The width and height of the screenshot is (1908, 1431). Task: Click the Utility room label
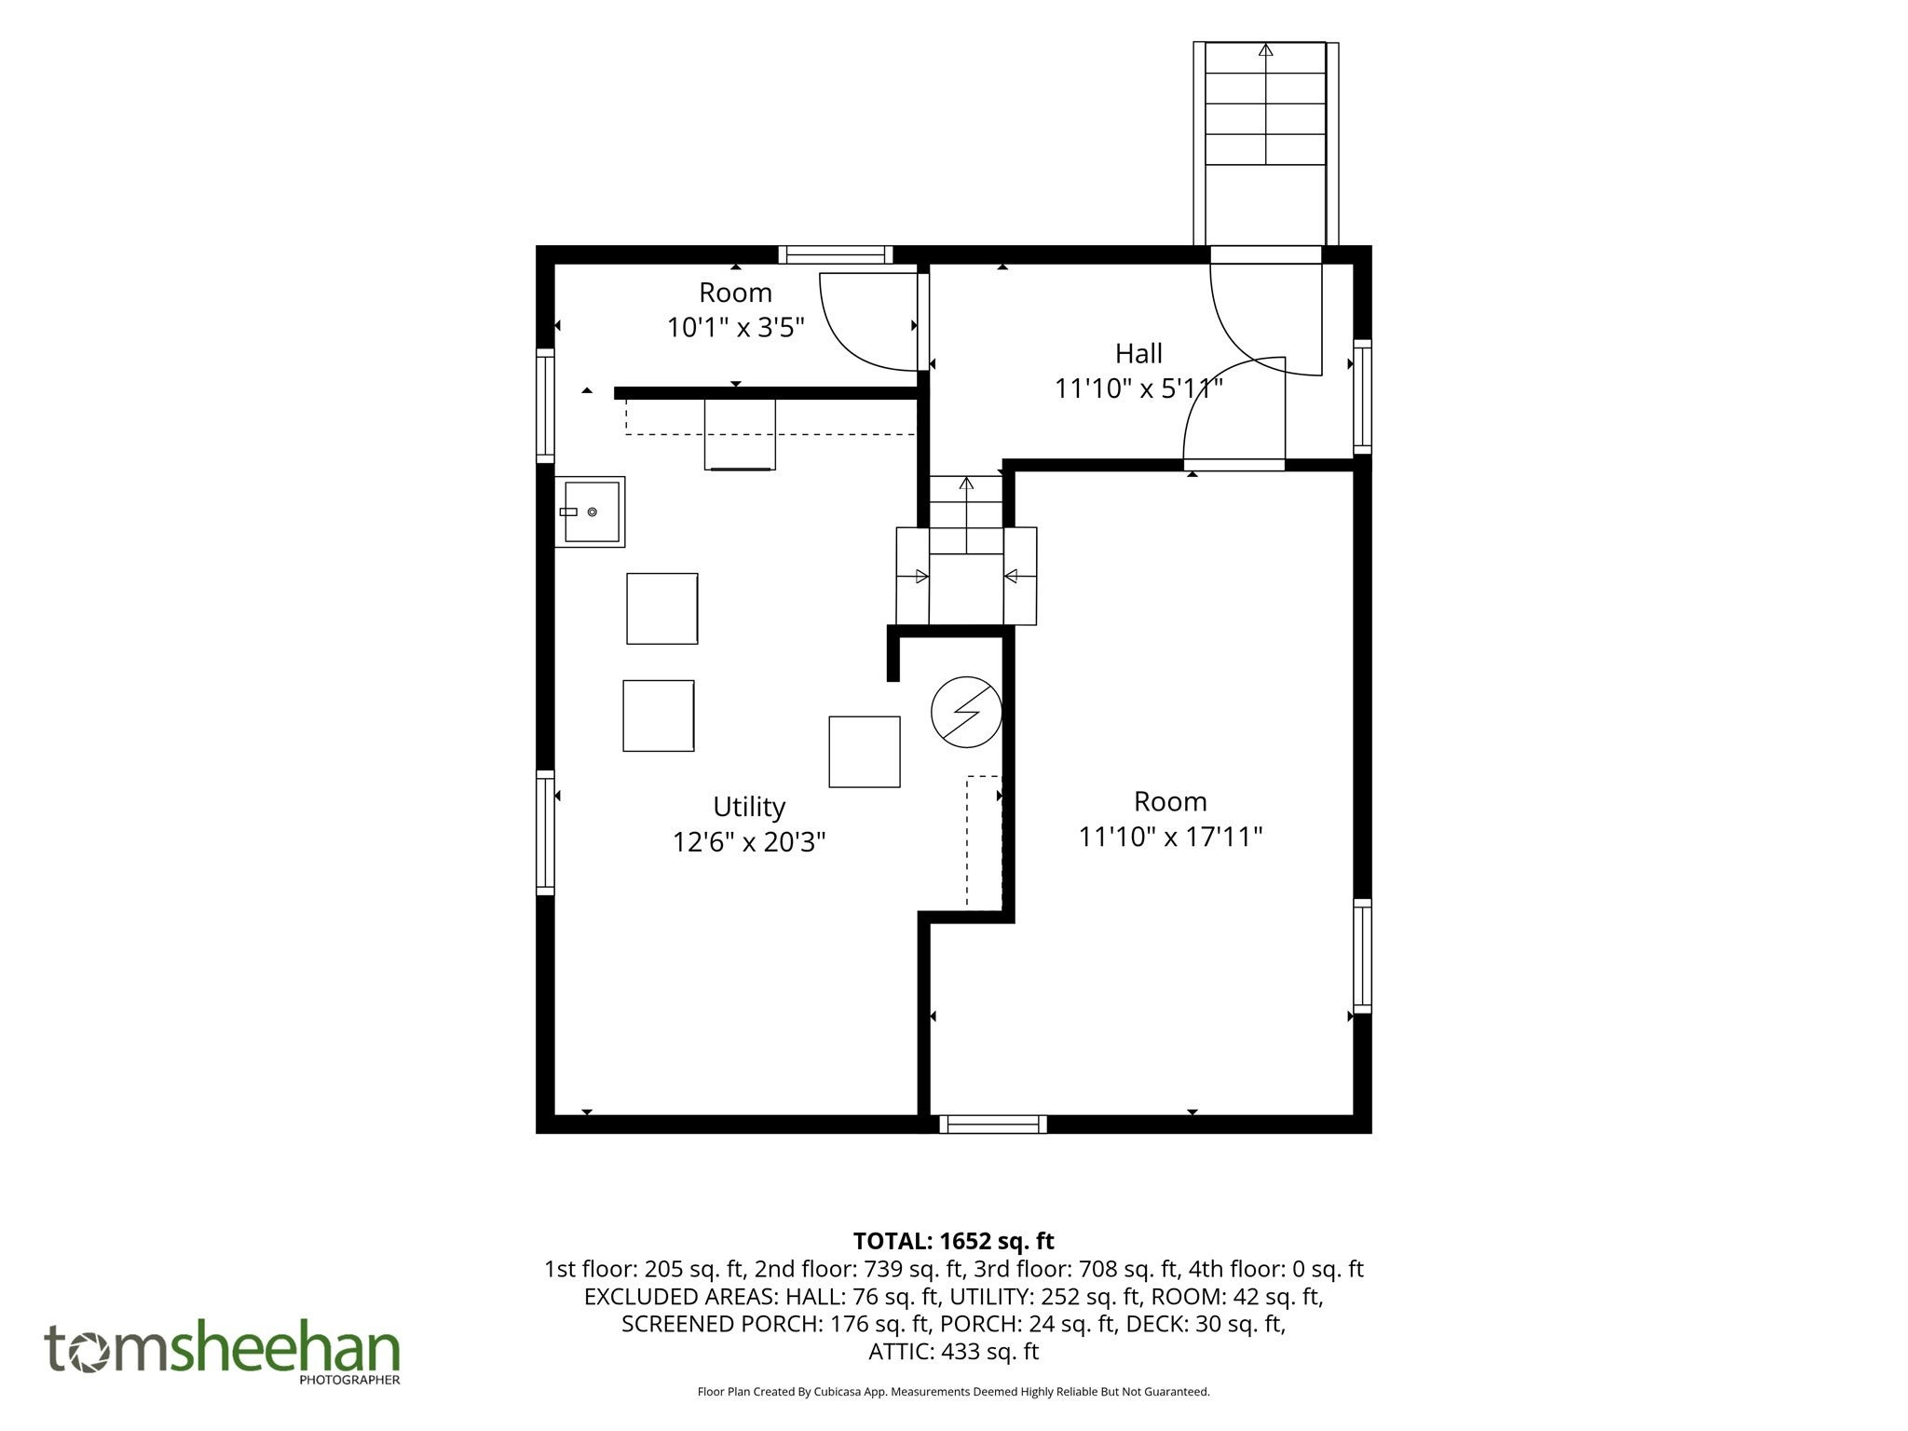pyautogui.click(x=749, y=807)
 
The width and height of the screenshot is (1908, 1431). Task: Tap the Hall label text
pyautogui.click(x=1138, y=354)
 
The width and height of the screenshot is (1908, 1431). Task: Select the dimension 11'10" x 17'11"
pyautogui.click(x=1170, y=837)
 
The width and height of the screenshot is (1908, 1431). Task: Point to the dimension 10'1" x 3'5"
pyautogui.click(x=735, y=328)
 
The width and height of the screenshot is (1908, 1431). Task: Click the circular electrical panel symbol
pyautogui.click(x=966, y=712)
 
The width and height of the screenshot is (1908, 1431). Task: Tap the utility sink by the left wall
pyautogui.click(x=590, y=511)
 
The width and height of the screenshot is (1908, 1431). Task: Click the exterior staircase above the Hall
pyautogui.click(x=1265, y=143)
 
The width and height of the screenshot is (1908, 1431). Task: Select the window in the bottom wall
pyautogui.click(x=993, y=1124)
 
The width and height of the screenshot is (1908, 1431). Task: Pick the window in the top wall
pyautogui.click(x=836, y=254)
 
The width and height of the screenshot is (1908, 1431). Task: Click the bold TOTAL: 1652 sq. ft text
pyautogui.click(x=953, y=1241)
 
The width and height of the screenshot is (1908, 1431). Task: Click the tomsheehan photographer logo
pyautogui.click(x=223, y=1353)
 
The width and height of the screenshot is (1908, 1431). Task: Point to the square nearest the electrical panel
pyautogui.click(x=865, y=752)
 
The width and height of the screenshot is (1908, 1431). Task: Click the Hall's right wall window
pyautogui.click(x=1362, y=397)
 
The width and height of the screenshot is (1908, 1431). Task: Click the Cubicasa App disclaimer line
pyautogui.click(x=953, y=1392)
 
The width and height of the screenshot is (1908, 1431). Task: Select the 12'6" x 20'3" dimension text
pyautogui.click(x=749, y=842)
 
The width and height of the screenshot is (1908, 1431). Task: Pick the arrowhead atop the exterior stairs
pyautogui.click(x=1265, y=50)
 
